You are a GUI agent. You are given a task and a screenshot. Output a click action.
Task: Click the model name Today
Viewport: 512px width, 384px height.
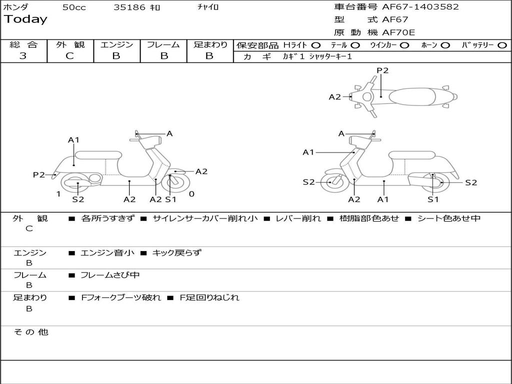click(x=25, y=19)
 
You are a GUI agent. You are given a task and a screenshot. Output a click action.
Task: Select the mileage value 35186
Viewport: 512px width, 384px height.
click(x=129, y=7)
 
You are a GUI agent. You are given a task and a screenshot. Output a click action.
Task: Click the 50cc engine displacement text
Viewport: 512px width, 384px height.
click(x=74, y=7)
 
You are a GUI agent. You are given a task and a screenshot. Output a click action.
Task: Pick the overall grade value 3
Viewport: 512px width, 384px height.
click(x=23, y=56)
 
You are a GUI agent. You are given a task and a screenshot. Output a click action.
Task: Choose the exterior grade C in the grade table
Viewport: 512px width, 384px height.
click(x=69, y=56)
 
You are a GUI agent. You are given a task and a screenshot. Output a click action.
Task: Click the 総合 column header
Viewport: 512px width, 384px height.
click(x=23, y=45)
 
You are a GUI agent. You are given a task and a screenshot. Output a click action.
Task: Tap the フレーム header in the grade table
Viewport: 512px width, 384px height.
click(x=163, y=45)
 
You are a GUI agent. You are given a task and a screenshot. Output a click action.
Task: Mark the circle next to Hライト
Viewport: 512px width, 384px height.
click(x=315, y=45)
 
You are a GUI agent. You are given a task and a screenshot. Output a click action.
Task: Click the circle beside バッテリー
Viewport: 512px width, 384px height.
click(x=501, y=45)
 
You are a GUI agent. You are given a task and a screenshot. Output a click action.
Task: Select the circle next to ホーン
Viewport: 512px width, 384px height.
click(x=445, y=45)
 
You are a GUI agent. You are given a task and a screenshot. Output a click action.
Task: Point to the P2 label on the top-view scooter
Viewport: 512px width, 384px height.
click(x=382, y=70)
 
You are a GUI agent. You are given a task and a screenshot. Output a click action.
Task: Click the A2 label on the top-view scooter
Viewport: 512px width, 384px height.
click(x=334, y=97)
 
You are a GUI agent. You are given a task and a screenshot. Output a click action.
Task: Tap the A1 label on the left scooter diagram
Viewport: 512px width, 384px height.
click(x=74, y=140)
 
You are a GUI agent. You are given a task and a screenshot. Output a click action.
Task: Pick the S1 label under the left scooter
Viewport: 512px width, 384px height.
click(x=171, y=199)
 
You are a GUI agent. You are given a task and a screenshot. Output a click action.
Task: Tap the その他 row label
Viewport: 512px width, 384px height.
click(x=30, y=332)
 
